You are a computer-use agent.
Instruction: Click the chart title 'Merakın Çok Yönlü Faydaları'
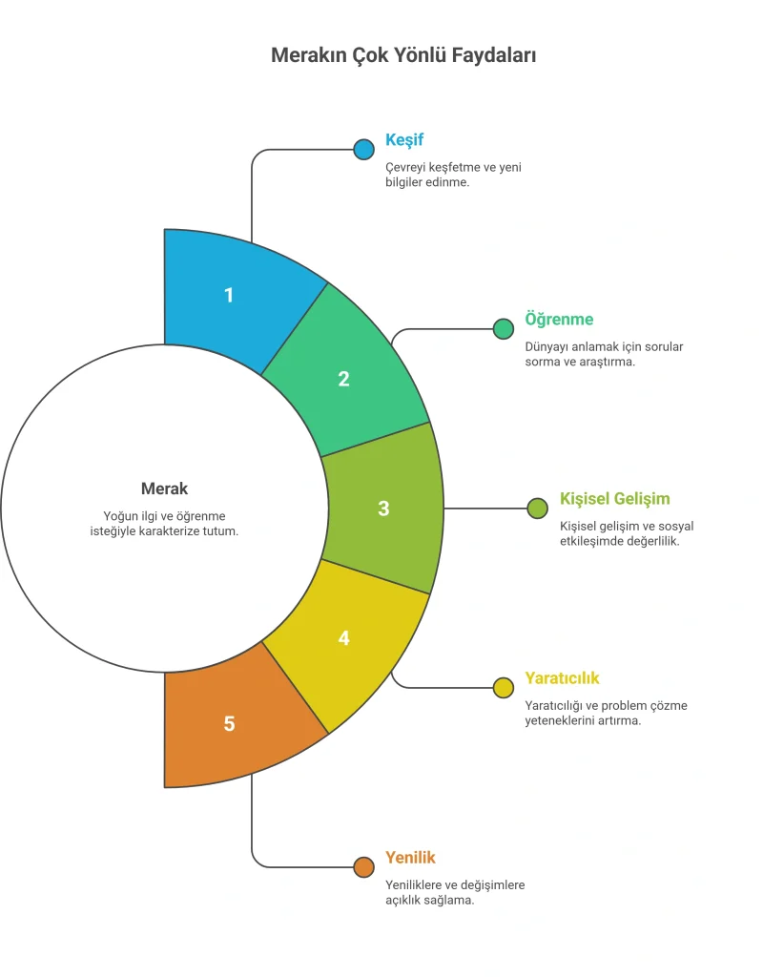click(403, 55)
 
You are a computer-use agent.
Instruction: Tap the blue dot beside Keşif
click(363, 150)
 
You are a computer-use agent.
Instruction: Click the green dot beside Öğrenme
click(504, 329)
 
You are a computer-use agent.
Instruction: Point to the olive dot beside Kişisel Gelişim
click(538, 509)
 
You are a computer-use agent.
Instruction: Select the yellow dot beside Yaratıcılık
click(504, 688)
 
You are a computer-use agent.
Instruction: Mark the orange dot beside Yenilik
click(363, 867)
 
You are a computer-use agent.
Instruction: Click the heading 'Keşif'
click(404, 140)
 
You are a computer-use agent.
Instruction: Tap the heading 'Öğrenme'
click(559, 320)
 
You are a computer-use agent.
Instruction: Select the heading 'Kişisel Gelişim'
click(615, 499)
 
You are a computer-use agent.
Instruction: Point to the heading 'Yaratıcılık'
click(562, 678)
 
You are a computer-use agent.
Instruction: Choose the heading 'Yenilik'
click(410, 858)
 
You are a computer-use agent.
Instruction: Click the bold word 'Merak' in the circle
click(164, 488)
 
